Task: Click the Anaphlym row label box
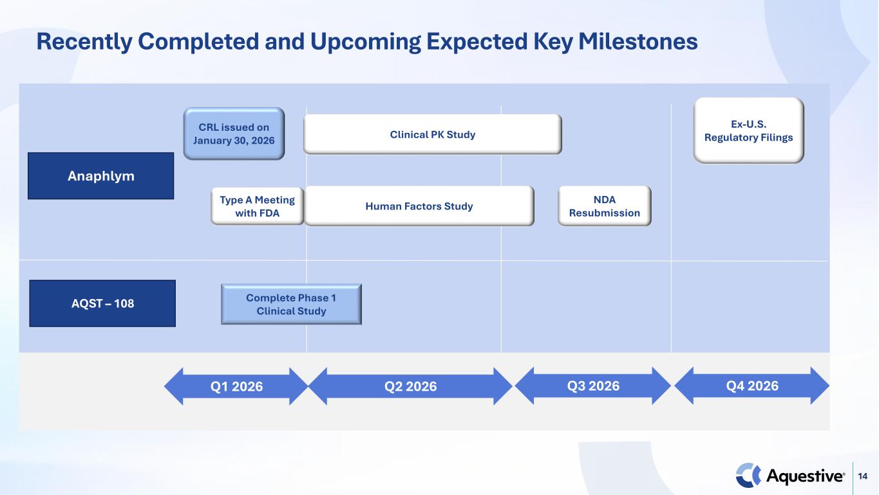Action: click(x=101, y=175)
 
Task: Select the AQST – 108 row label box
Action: click(x=102, y=304)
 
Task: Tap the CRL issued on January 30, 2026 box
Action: click(x=234, y=133)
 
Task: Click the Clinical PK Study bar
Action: click(x=433, y=134)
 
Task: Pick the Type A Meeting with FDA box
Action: click(x=258, y=206)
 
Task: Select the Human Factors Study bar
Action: click(x=419, y=206)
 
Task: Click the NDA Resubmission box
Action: click(x=604, y=206)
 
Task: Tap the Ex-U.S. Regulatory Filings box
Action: click(x=749, y=130)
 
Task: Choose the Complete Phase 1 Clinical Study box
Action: click(x=291, y=304)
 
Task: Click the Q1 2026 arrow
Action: click(x=236, y=386)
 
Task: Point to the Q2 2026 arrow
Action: click(x=410, y=386)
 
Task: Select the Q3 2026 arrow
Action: click(x=593, y=386)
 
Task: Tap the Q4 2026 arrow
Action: click(x=752, y=386)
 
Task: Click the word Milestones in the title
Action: click(x=638, y=41)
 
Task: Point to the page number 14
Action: click(x=862, y=476)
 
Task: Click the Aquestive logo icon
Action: click(x=748, y=476)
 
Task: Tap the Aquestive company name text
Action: click(x=805, y=476)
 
